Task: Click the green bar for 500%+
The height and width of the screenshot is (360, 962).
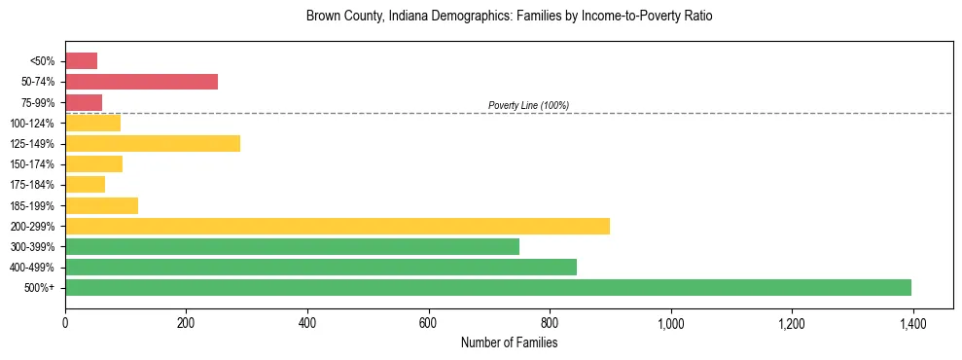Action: click(x=487, y=287)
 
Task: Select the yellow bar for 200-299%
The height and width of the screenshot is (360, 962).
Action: click(x=337, y=226)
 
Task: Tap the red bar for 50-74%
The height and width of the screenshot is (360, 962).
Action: click(x=141, y=82)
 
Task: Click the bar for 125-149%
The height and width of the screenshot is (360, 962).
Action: click(x=152, y=143)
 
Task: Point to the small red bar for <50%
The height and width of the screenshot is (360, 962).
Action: click(x=81, y=61)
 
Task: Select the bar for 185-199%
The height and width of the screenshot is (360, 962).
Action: click(x=101, y=205)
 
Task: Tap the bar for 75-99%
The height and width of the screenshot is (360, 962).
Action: click(x=83, y=102)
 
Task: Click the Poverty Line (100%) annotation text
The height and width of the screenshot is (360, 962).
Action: click(x=528, y=105)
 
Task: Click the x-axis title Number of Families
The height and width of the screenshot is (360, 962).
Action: click(x=509, y=342)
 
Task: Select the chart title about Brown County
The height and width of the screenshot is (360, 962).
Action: click(x=509, y=17)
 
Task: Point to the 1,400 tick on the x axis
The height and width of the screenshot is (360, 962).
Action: click(x=912, y=323)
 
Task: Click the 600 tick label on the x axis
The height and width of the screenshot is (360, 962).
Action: click(x=428, y=323)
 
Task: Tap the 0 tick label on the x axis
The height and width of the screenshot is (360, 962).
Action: click(x=65, y=323)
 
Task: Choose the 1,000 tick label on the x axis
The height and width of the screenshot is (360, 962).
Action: click(x=670, y=323)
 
